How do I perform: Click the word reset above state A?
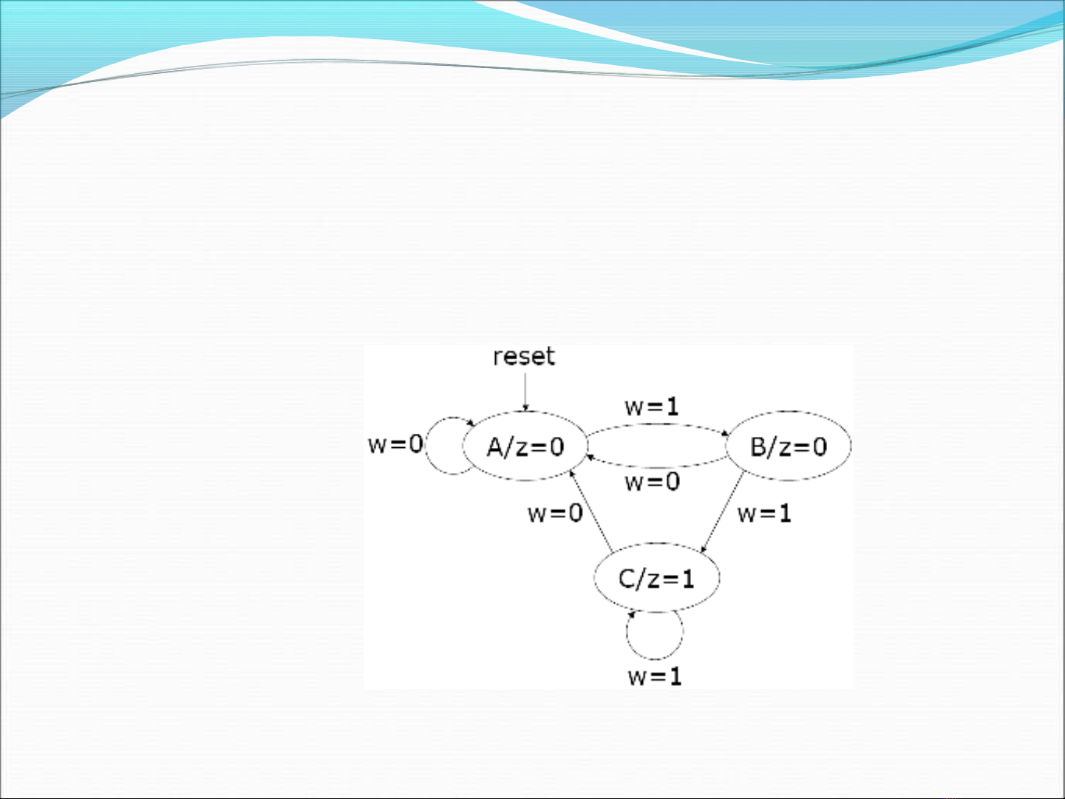pos(523,356)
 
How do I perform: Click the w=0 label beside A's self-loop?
pos(395,444)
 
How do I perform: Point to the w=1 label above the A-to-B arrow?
pos(652,407)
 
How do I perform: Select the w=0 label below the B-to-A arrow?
pos(652,482)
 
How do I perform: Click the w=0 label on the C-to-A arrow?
pos(555,513)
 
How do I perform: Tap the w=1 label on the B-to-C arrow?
pos(764,513)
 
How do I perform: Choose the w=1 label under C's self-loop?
pos(655,676)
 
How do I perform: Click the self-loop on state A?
pos(426,446)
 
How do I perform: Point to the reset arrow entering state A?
pos(525,392)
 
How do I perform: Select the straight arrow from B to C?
pos(723,512)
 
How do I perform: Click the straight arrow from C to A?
pos(591,511)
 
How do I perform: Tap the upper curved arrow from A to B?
pos(658,424)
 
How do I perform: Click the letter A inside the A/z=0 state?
pos(495,446)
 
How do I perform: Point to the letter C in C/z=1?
pos(626,579)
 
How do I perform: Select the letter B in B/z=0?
pos(758,446)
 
